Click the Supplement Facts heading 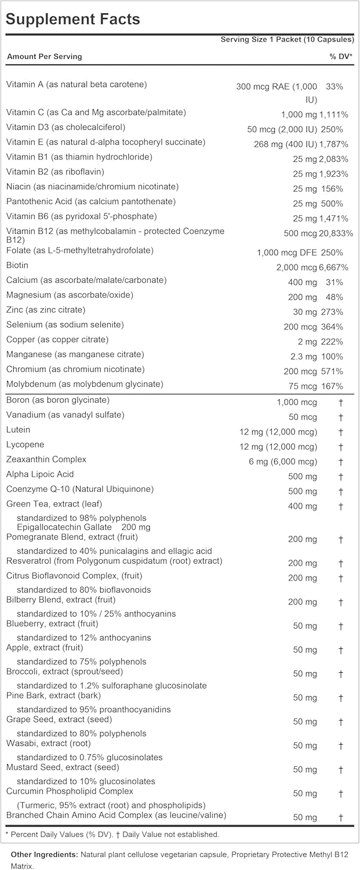click(x=73, y=19)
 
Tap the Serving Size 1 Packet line click(x=287, y=39)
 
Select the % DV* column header click(x=341, y=56)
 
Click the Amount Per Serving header click(x=44, y=56)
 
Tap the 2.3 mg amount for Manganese click(x=304, y=357)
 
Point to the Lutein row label click(x=18, y=430)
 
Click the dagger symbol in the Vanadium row click(x=341, y=417)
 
